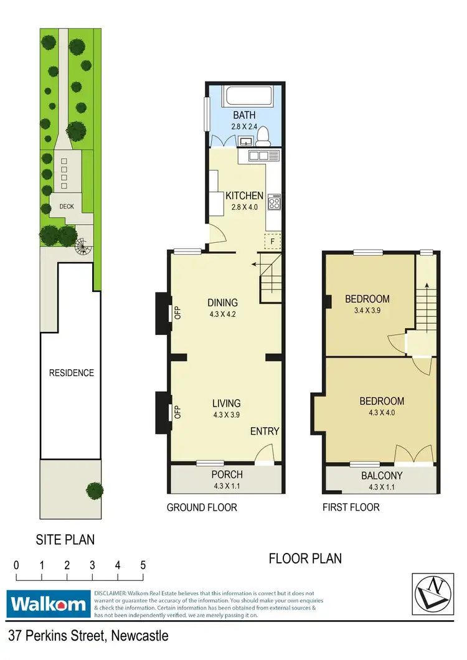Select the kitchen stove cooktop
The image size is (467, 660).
(x=274, y=201)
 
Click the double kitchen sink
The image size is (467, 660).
(x=258, y=155)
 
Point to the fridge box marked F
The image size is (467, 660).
(x=271, y=240)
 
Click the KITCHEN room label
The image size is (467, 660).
(x=244, y=196)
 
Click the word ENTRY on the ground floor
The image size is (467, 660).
(x=265, y=431)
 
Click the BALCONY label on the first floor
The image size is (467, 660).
(x=381, y=476)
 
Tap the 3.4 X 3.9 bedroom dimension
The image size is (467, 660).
(x=367, y=309)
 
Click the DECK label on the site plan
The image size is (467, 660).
(x=66, y=206)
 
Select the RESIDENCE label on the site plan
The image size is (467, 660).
(x=72, y=373)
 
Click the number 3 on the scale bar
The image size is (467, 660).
(x=92, y=566)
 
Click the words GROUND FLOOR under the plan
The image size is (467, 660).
(x=202, y=507)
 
